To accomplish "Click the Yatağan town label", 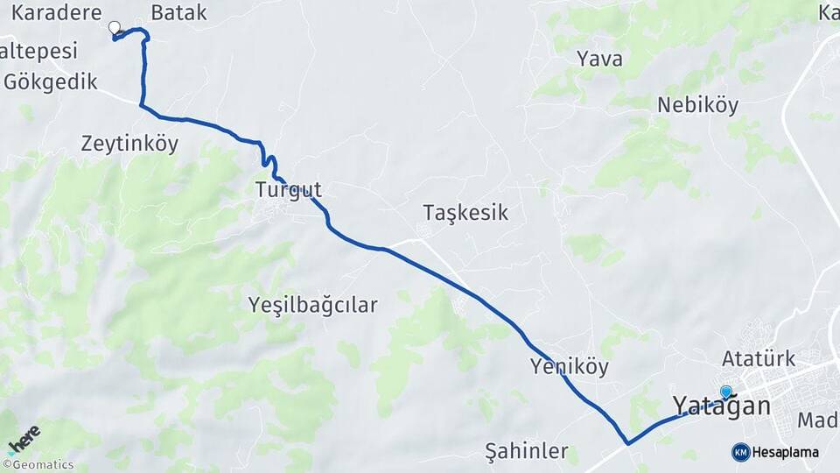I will tap(722, 406).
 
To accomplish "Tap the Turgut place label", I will tap(289, 189).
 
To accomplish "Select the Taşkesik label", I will tap(465, 213).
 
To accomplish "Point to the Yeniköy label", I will tap(569, 366).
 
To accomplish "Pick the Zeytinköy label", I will tap(129, 144).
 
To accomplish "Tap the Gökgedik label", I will tap(50, 81).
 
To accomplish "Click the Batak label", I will tap(178, 12).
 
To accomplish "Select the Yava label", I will tap(600, 59).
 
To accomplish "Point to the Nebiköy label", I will tap(697, 105).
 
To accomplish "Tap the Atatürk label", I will tap(759, 358).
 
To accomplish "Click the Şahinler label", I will tap(526, 452).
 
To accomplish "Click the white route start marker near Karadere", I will tap(114, 28).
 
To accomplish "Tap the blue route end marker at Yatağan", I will tap(725, 392).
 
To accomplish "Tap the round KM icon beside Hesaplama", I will tap(740, 452).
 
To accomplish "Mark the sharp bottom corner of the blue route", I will tap(627, 443).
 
